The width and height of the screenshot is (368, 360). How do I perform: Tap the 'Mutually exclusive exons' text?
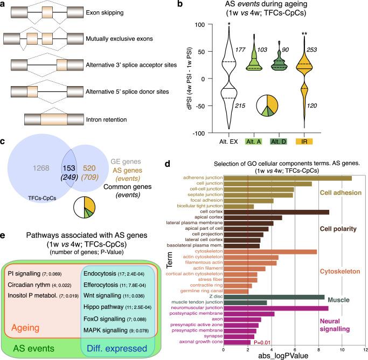(135, 39)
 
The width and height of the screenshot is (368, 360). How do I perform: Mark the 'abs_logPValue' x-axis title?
(294, 357)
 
